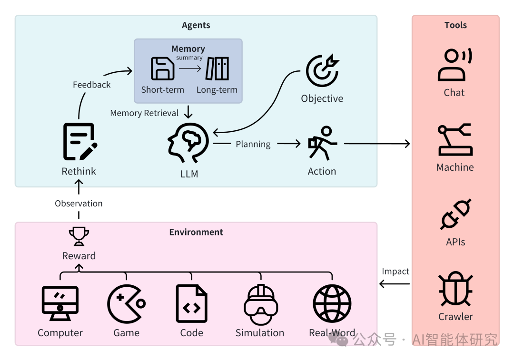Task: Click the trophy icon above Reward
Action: click(79, 236)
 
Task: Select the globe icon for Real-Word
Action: click(332, 303)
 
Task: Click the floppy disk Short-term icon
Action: click(162, 68)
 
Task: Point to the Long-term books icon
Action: click(217, 68)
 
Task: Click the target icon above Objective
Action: click(323, 70)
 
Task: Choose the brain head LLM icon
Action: click(188, 143)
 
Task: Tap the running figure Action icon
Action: click(322, 143)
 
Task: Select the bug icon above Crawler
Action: click(455, 288)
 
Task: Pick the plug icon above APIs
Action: click(455, 214)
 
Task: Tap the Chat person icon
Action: click(455, 65)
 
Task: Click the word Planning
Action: click(253, 144)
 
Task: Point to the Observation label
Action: click(79, 204)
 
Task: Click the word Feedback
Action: click(91, 85)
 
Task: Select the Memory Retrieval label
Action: click(144, 113)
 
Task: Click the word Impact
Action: click(395, 272)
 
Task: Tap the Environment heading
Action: click(196, 232)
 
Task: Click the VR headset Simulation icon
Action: click(261, 304)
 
